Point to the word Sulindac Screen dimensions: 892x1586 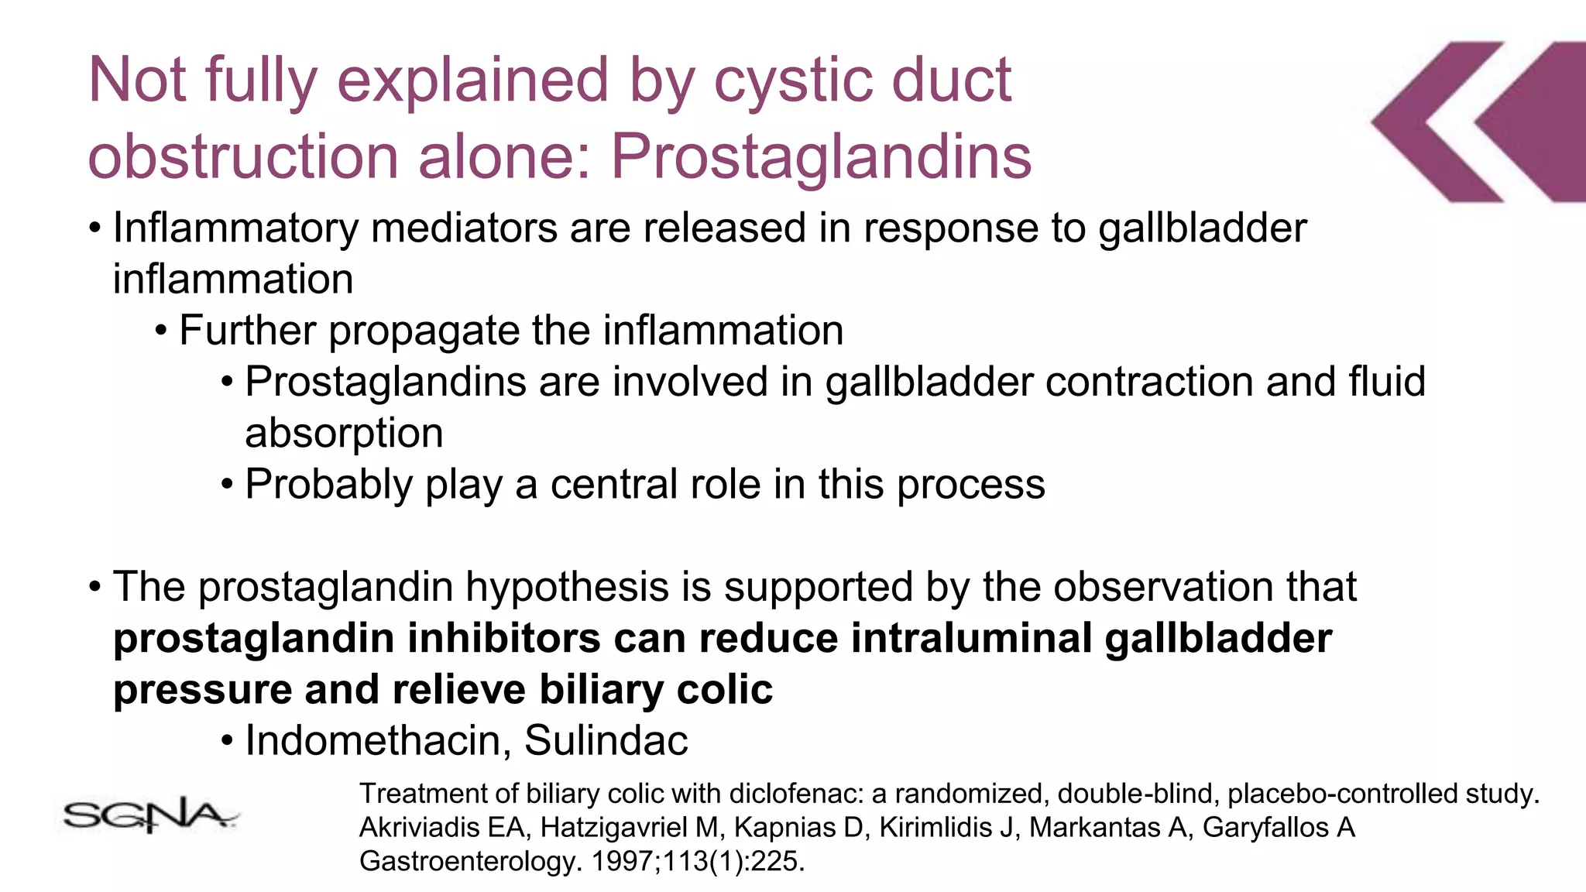tap(606, 740)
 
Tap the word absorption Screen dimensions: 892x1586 tap(344, 434)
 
